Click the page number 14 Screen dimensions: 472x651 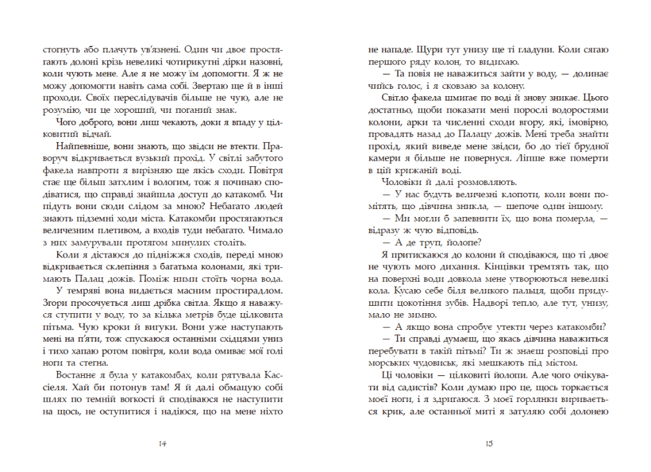coord(163,443)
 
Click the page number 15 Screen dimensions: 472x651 coord(489,443)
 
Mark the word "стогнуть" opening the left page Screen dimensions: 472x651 coord(60,48)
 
